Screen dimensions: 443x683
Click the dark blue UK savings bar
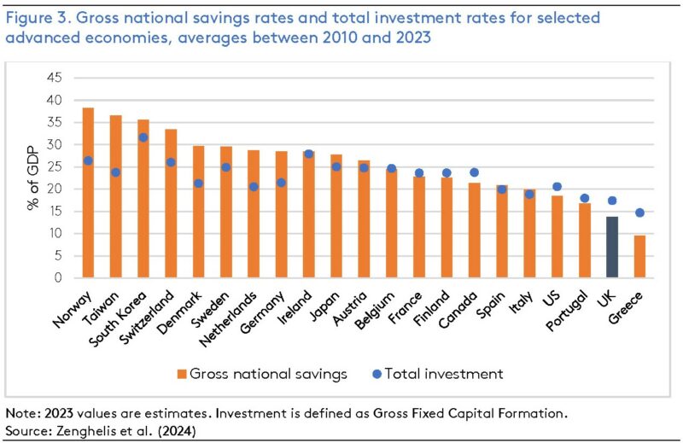tap(611, 248)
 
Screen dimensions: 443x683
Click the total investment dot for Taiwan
tap(115, 172)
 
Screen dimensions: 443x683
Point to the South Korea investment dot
tap(143, 137)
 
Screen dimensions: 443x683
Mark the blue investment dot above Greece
tap(639, 213)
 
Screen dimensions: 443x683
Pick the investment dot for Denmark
tap(198, 184)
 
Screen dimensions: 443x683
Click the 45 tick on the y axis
tap(55, 78)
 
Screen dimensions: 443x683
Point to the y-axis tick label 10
tap(55, 234)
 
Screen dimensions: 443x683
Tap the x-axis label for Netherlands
tap(235, 321)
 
